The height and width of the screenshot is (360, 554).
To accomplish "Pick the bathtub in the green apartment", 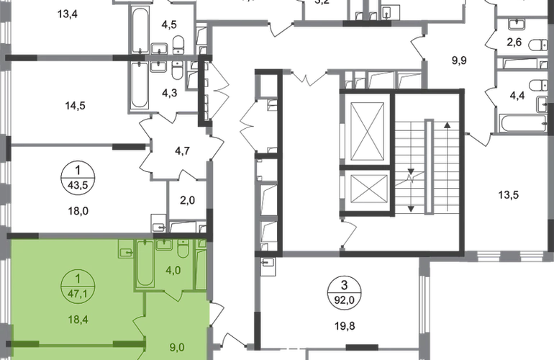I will click(x=144, y=266).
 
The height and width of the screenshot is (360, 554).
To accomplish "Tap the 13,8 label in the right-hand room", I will click(x=509, y=194).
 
